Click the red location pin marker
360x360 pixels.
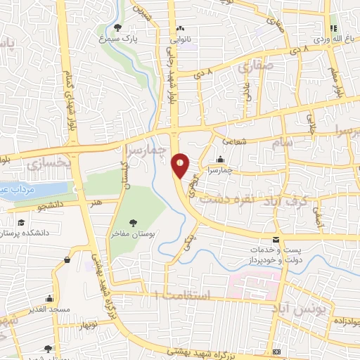click(x=181, y=166)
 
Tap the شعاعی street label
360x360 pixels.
click(x=236, y=141)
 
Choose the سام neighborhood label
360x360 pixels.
click(x=298, y=143)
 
